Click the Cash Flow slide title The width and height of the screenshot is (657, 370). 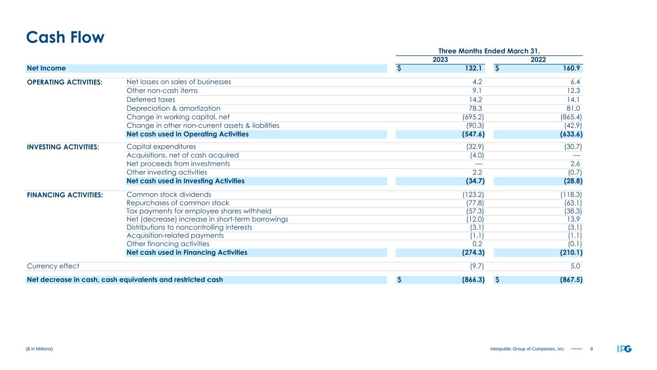click(65, 38)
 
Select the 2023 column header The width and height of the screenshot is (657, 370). click(440, 60)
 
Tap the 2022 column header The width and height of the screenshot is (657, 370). click(538, 60)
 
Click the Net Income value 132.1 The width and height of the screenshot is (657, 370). click(473, 68)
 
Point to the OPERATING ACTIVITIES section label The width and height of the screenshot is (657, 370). click(64, 82)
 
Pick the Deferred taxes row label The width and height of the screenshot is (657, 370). click(151, 99)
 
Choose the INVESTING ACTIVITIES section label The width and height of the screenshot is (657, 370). click(63, 147)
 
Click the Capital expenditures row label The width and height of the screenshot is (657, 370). click(161, 146)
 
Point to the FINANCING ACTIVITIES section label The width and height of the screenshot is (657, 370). click(64, 195)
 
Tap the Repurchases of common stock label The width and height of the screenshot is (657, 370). click(178, 203)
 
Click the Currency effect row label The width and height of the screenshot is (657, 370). click(53, 265)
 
